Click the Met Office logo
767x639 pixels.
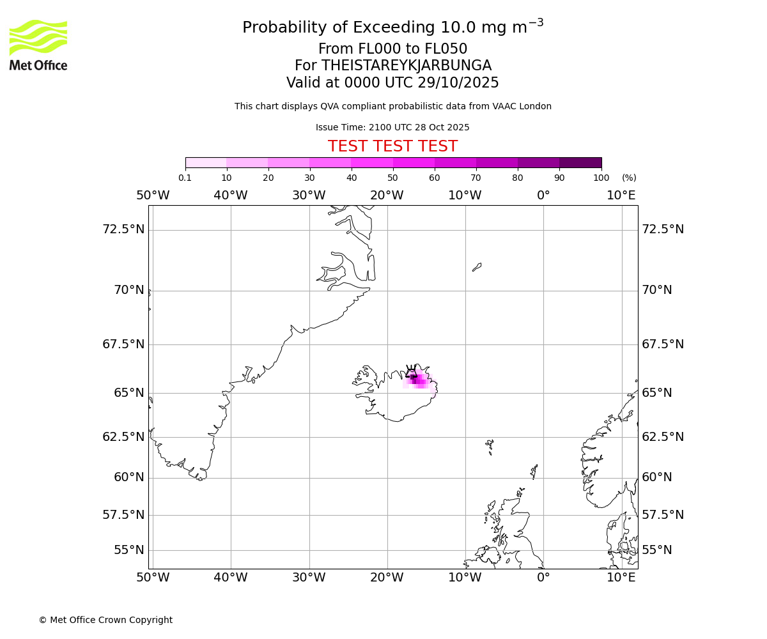click(38, 45)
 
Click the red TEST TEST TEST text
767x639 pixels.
click(392, 146)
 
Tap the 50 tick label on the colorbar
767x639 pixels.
click(392, 178)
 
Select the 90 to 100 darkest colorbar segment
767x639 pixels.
click(580, 162)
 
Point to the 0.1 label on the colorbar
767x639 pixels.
click(185, 178)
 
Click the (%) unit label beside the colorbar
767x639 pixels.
click(629, 178)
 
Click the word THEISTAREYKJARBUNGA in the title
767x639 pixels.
click(406, 66)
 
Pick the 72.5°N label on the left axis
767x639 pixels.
click(123, 229)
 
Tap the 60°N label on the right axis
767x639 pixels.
click(657, 477)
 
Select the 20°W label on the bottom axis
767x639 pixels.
click(387, 578)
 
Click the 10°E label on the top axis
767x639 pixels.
click(621, 195)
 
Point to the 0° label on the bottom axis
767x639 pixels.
click(543, 578)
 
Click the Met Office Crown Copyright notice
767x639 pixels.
click(105, 620)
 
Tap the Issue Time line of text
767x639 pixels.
click(392, 127)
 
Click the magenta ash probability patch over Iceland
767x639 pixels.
click(419, 380)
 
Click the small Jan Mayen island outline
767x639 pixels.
click(477, 267)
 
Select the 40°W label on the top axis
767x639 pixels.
click(230, 195)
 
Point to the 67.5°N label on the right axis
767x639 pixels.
click(663, 344)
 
